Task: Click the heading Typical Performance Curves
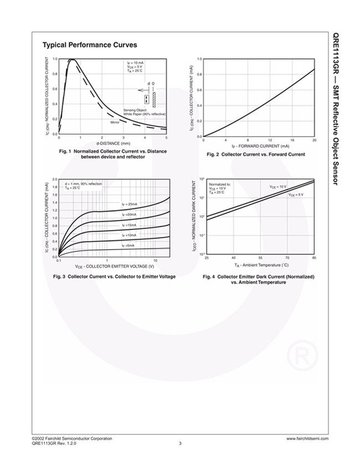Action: click(x=90, y=45)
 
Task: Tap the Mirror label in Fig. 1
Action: click(x=115, y=122)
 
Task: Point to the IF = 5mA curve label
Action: click(x=128, y=244)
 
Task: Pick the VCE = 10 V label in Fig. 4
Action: click(x=277, y=187)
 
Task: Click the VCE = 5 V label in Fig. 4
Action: click(x=295, y=194)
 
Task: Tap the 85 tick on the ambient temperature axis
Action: click(x=314, y=258)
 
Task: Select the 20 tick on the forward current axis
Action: click(x=314, y=141)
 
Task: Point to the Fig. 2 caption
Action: click(x=255, y=155)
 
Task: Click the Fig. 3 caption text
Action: click(x=114, y=276)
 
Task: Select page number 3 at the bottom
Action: click(x=180, y=443)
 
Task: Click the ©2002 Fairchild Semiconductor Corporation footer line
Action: click(x=71, y=438)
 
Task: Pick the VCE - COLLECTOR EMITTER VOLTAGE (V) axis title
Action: click(x=115, y=267)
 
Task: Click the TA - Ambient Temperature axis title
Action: click(x=261, y=265)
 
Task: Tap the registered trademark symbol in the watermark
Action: click(x=303, y=354)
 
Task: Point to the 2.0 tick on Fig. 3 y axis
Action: click(x=55, y=180)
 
